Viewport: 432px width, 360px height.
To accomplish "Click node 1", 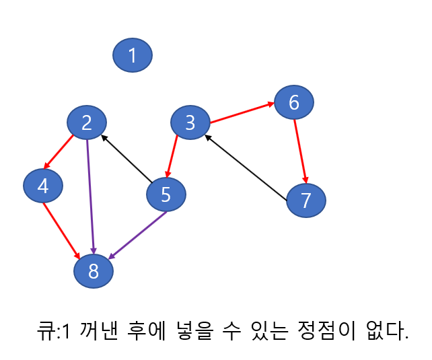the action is pyautogui.click(x=133, y=55).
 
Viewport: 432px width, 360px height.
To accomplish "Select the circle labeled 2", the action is pyautogui.click(x=87, y=122).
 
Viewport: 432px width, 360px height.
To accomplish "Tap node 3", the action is pyautogui.click(x=190, y=123).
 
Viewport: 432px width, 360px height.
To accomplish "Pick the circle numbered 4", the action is pyautogui.click(x=43, y=186).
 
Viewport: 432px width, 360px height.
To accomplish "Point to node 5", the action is pyautogui.click(x=166, y=195).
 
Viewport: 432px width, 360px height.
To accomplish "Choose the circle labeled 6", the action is pyautogui.click(x=293, y=102).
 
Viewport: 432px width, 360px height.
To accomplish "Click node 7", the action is pyautogui.click(x=306, y=201).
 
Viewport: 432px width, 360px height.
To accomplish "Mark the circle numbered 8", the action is pyautogui.click(x=94, y=271).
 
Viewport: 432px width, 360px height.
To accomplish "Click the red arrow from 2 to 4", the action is pyautogui.click(x=59, y=153).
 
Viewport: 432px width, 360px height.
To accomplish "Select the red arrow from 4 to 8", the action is pyautogui.click(x=63, y=230).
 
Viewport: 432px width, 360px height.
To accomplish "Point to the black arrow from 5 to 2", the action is pyautogui.click(x=127, y=159).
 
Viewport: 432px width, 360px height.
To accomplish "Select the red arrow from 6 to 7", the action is pyautogui.click(x=300, y=151).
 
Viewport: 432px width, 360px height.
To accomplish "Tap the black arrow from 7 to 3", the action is pyautogui.click(x=247, y=169).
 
